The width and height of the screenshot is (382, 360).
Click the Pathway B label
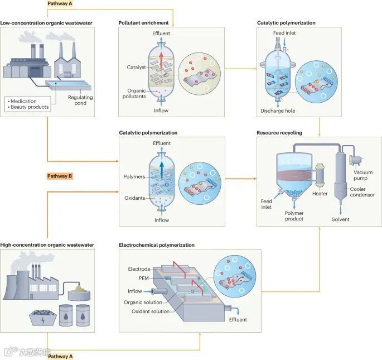coord(60,176)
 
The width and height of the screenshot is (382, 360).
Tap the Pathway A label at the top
coord(60,3)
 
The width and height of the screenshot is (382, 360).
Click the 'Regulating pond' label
coord(80,100)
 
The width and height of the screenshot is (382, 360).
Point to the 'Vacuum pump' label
coord(362,176)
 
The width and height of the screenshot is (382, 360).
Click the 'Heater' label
coord(320,194)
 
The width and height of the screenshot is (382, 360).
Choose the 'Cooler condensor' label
coord(363,191)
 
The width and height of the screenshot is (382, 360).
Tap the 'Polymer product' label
coord(294,216)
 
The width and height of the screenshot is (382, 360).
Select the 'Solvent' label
coord(340,219)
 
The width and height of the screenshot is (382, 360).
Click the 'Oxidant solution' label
coord(150,311)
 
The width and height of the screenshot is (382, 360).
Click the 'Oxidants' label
coord(134,198)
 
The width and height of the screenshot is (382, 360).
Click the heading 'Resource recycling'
coord(279,133)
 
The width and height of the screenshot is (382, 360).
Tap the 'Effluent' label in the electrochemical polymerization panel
coord(238,319)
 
